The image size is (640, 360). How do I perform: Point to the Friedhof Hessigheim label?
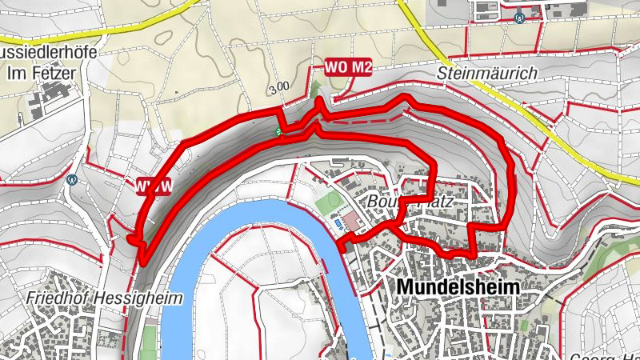[x=105, y=298]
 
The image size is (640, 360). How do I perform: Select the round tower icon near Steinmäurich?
[x=521, y=17]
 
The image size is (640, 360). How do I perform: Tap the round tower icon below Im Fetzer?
[x=74, y=179]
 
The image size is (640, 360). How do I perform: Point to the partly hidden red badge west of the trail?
[x=153, y=187]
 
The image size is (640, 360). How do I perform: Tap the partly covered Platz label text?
[x=435, y=203]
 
